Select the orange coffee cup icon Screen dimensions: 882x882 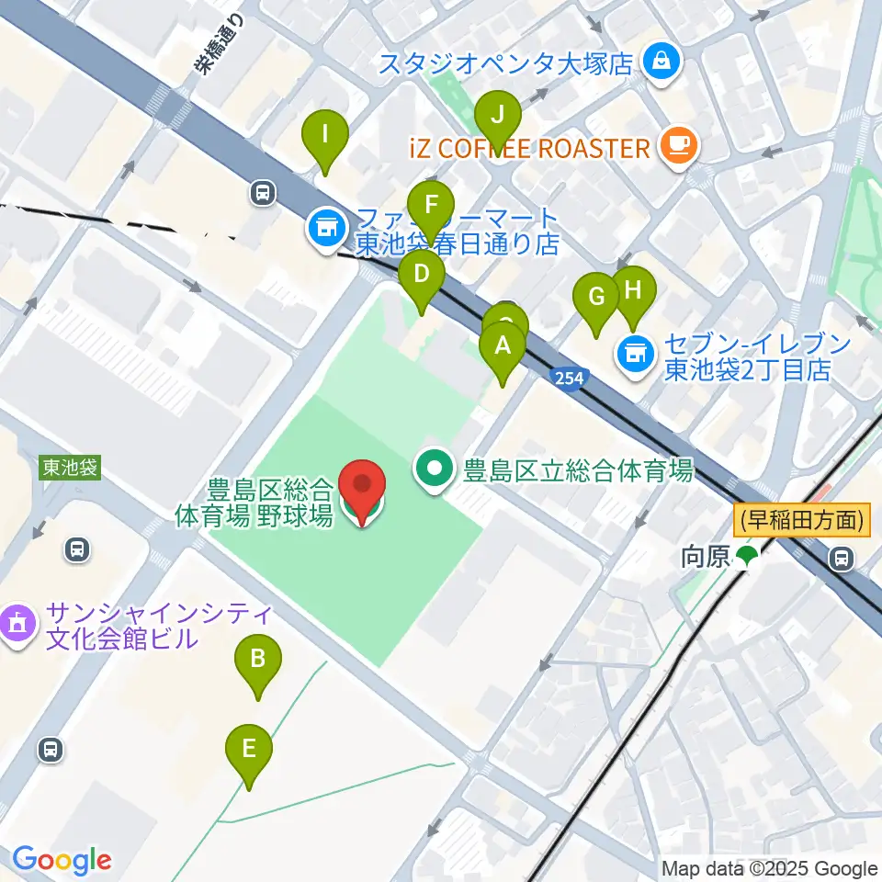(x=678, y=145)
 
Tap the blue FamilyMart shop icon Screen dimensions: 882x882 (x=325, y=225)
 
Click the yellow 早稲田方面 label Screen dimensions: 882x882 (x=801, y=521)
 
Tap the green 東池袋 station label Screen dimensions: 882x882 (x=70, y=468)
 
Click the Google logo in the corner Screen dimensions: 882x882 (x=61, y=861)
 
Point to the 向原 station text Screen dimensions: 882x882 (x=705, y=556)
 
